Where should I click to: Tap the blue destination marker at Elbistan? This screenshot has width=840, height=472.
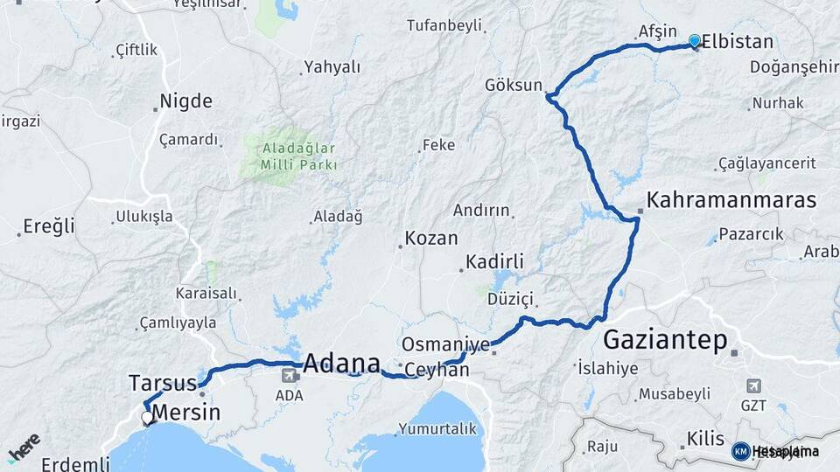695,41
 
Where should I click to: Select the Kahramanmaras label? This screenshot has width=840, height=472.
731,199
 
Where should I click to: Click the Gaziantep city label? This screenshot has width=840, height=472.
666,339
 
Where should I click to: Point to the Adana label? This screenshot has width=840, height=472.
342,363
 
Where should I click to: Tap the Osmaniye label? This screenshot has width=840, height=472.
445,344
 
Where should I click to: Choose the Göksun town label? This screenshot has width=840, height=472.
514,85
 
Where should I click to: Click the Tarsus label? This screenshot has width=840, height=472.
161,382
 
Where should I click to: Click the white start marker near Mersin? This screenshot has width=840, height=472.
148,418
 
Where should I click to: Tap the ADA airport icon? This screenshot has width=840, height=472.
289,375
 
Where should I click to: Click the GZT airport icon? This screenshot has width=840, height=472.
754,385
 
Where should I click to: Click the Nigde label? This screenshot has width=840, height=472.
186,101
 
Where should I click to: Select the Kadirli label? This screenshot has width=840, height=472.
494,261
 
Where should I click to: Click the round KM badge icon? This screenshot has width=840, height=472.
740,451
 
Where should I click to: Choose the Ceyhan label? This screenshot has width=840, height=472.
437,371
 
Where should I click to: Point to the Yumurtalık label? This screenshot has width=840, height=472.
437,428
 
